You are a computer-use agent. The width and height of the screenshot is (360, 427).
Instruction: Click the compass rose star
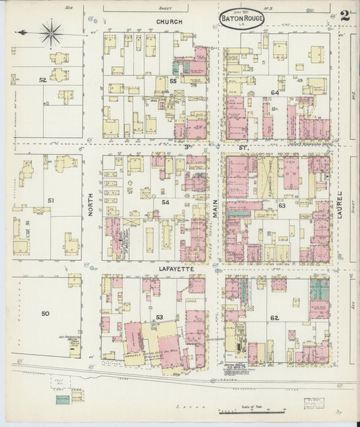pyautogui.click(x=51, y=30)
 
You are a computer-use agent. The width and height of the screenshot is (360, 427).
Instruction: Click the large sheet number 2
pyautogui.click(x=344, y=16)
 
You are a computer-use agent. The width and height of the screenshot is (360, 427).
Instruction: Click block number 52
pyautogui.click(x=43, y=80)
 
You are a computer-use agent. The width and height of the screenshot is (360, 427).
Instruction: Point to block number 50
pyautogui.click(x=45, y=313)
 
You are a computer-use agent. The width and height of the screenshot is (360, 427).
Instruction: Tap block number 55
pyautogui.click(x=173, y=81)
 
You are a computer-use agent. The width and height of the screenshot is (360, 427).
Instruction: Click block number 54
pyautogui.click(x=165, y=202)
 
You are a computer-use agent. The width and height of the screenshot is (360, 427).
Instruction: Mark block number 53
pyautogui.click(x=159, y=317)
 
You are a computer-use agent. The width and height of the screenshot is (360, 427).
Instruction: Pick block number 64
pyautogui.click(x=274, y=92)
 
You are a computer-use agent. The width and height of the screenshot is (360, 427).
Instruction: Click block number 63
pyautogui.click(x=281, y=205)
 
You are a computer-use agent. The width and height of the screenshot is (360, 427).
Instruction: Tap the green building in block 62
pyautogui.click(x=319, y=291)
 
